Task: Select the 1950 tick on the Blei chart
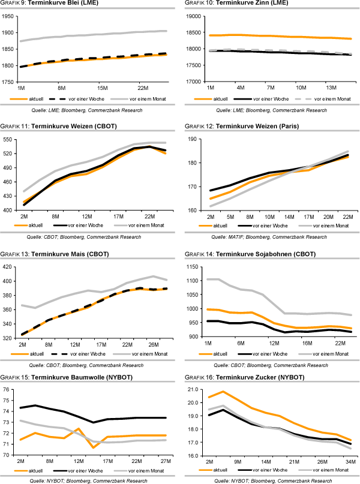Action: pos(10,16)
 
